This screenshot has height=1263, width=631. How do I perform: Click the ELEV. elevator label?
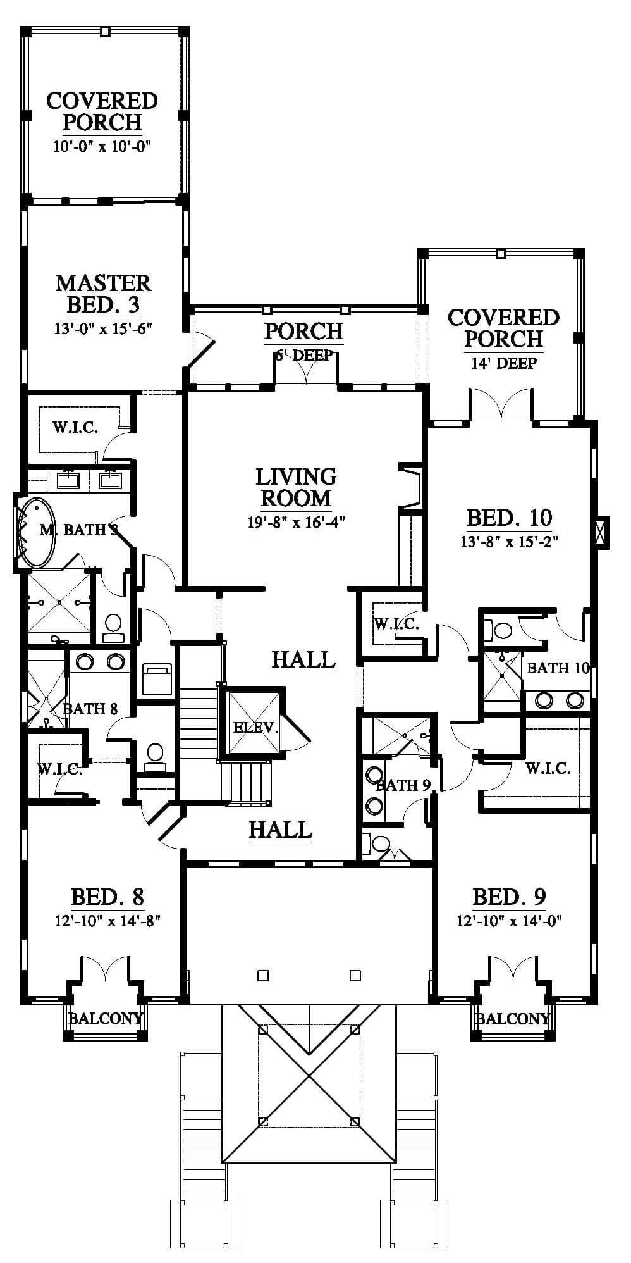point(255,728)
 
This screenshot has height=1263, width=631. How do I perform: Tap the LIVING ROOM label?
point(296,487)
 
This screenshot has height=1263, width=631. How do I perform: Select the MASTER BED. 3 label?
point(103,294)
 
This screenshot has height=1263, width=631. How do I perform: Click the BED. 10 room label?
point(510,518)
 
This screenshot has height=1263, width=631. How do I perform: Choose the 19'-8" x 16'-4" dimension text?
point(296,523)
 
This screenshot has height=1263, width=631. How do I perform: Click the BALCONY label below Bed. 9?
point(513,1018)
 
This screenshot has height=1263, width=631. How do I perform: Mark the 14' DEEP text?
point(504,363)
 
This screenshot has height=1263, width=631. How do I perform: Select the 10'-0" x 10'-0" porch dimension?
point(102,147)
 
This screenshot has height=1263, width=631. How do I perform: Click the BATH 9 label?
point(403,785)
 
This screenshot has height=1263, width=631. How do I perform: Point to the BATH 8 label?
point(90,709)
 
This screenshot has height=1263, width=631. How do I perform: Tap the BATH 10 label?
point(558,668)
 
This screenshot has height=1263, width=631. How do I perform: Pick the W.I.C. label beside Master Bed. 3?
point(75,427)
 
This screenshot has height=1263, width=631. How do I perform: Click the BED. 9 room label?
point(510,897)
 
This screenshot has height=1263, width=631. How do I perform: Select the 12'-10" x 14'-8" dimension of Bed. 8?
point(107,921)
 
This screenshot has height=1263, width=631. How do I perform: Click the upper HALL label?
point(303,659)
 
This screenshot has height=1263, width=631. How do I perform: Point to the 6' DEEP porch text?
point(304,356)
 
